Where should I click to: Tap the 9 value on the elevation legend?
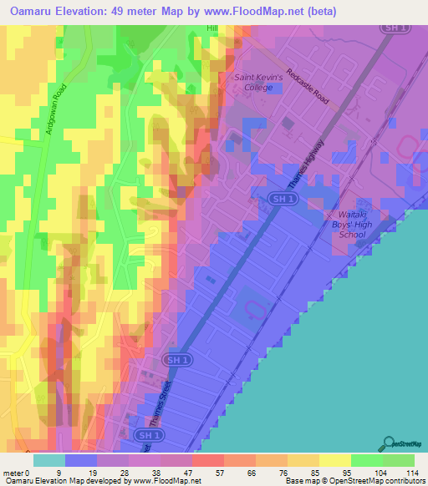(x=59, y=472)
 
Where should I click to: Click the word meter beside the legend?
(x=13, y=472)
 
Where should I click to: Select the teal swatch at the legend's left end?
(x=49, y=459)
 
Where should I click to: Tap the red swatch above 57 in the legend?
(x=208, y=459)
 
